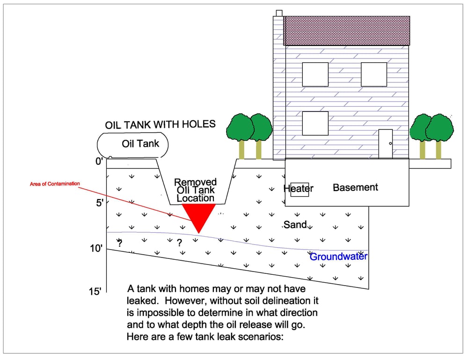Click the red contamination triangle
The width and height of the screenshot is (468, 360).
(x=198, y=214)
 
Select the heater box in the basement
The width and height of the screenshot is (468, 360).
(x=300, y=189)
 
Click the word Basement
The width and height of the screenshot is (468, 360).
(x=355, y=187)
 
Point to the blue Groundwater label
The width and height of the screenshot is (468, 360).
(x=339, y=257)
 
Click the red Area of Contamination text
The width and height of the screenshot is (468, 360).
(x=55, y=184)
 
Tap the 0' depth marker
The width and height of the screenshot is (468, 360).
(x=99, y=162)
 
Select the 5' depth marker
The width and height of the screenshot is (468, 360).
(x=99, y=204)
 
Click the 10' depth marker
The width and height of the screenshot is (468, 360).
(x=97, y=249)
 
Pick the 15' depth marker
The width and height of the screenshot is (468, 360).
(x=95, y=292)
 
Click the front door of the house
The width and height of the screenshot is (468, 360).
(x=385, y=144)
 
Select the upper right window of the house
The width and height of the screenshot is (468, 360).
(x=374, y=74)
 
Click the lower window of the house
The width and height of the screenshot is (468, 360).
(x=315, y=123)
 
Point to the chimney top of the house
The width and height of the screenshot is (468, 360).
(x=279, y=13)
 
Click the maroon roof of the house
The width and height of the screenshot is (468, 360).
(x=346, y=31)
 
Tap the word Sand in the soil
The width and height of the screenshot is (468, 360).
(x=295, y=225)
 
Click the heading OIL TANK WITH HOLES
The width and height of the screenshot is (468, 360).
(x=161, y=125)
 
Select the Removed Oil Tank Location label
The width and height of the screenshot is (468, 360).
(x=196, y=190)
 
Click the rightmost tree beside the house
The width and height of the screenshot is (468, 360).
(x=440, y=127)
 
